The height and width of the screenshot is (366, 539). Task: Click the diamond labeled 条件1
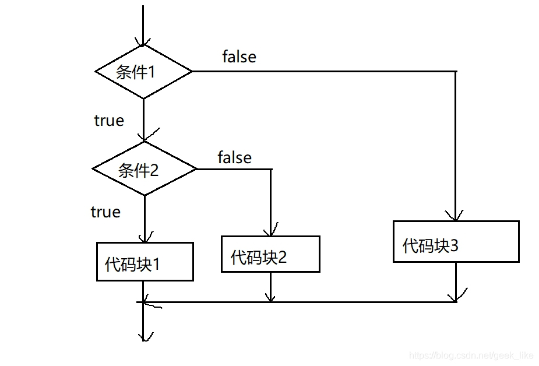[x=143, y=72]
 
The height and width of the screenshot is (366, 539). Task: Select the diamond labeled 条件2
[x=145, y=170]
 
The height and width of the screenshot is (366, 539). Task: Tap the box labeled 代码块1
[x=145, y=262]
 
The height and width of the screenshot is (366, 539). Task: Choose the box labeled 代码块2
[x=270, y=254]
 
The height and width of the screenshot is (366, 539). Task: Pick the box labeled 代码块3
[x=456, y=242]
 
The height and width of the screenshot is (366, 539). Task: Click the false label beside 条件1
[x=239, y=57]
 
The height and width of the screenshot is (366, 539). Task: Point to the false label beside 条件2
[x=234, y=157]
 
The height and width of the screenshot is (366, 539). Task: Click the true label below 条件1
[x=109, y=121]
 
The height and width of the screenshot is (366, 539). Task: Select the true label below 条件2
[x=105, y=212]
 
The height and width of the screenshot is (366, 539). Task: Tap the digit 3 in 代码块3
[x=454, y=246]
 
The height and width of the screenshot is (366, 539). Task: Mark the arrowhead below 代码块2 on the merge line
[x=270, y=298]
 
